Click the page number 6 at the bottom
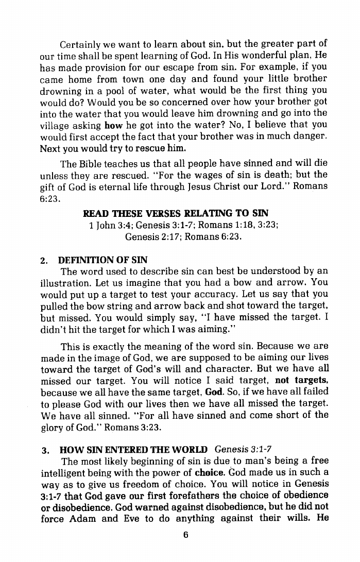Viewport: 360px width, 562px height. (x=184, y=535)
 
